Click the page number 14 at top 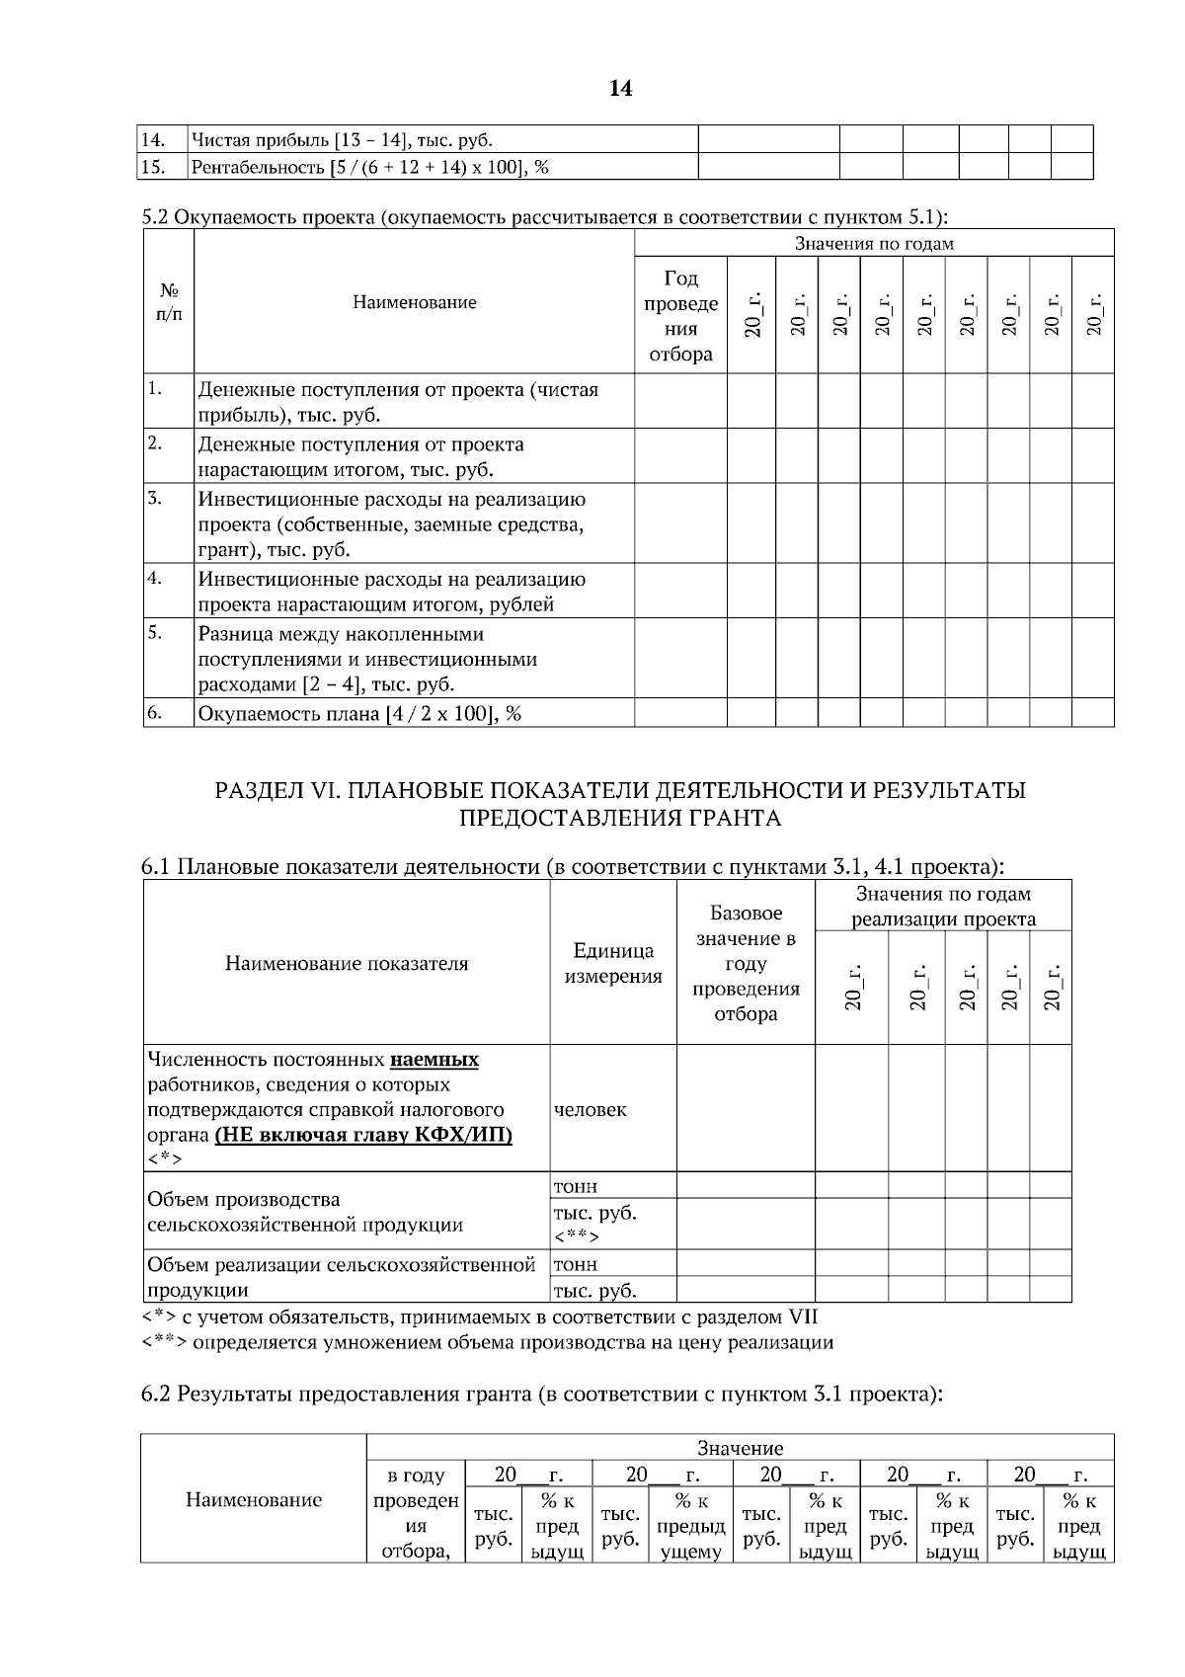pos(620,89)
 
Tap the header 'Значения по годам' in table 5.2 pos(874,243)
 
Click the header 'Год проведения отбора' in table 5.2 pos(680,316)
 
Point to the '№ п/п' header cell pos(169,302)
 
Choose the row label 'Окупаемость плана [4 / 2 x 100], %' pos(359,713)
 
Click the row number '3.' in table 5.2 pos(155,497)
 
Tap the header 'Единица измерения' pos(613,963)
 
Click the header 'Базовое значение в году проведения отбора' pos(746,963)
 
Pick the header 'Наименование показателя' pos(347,963)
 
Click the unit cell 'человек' pos(591,1109)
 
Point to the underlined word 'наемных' pos(434,1060)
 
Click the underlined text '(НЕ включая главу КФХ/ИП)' pos(363,1135)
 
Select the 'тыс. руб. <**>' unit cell pos(595,1224)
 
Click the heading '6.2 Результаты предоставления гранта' pos(541,1394)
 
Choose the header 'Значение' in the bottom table pos(740,1448)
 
